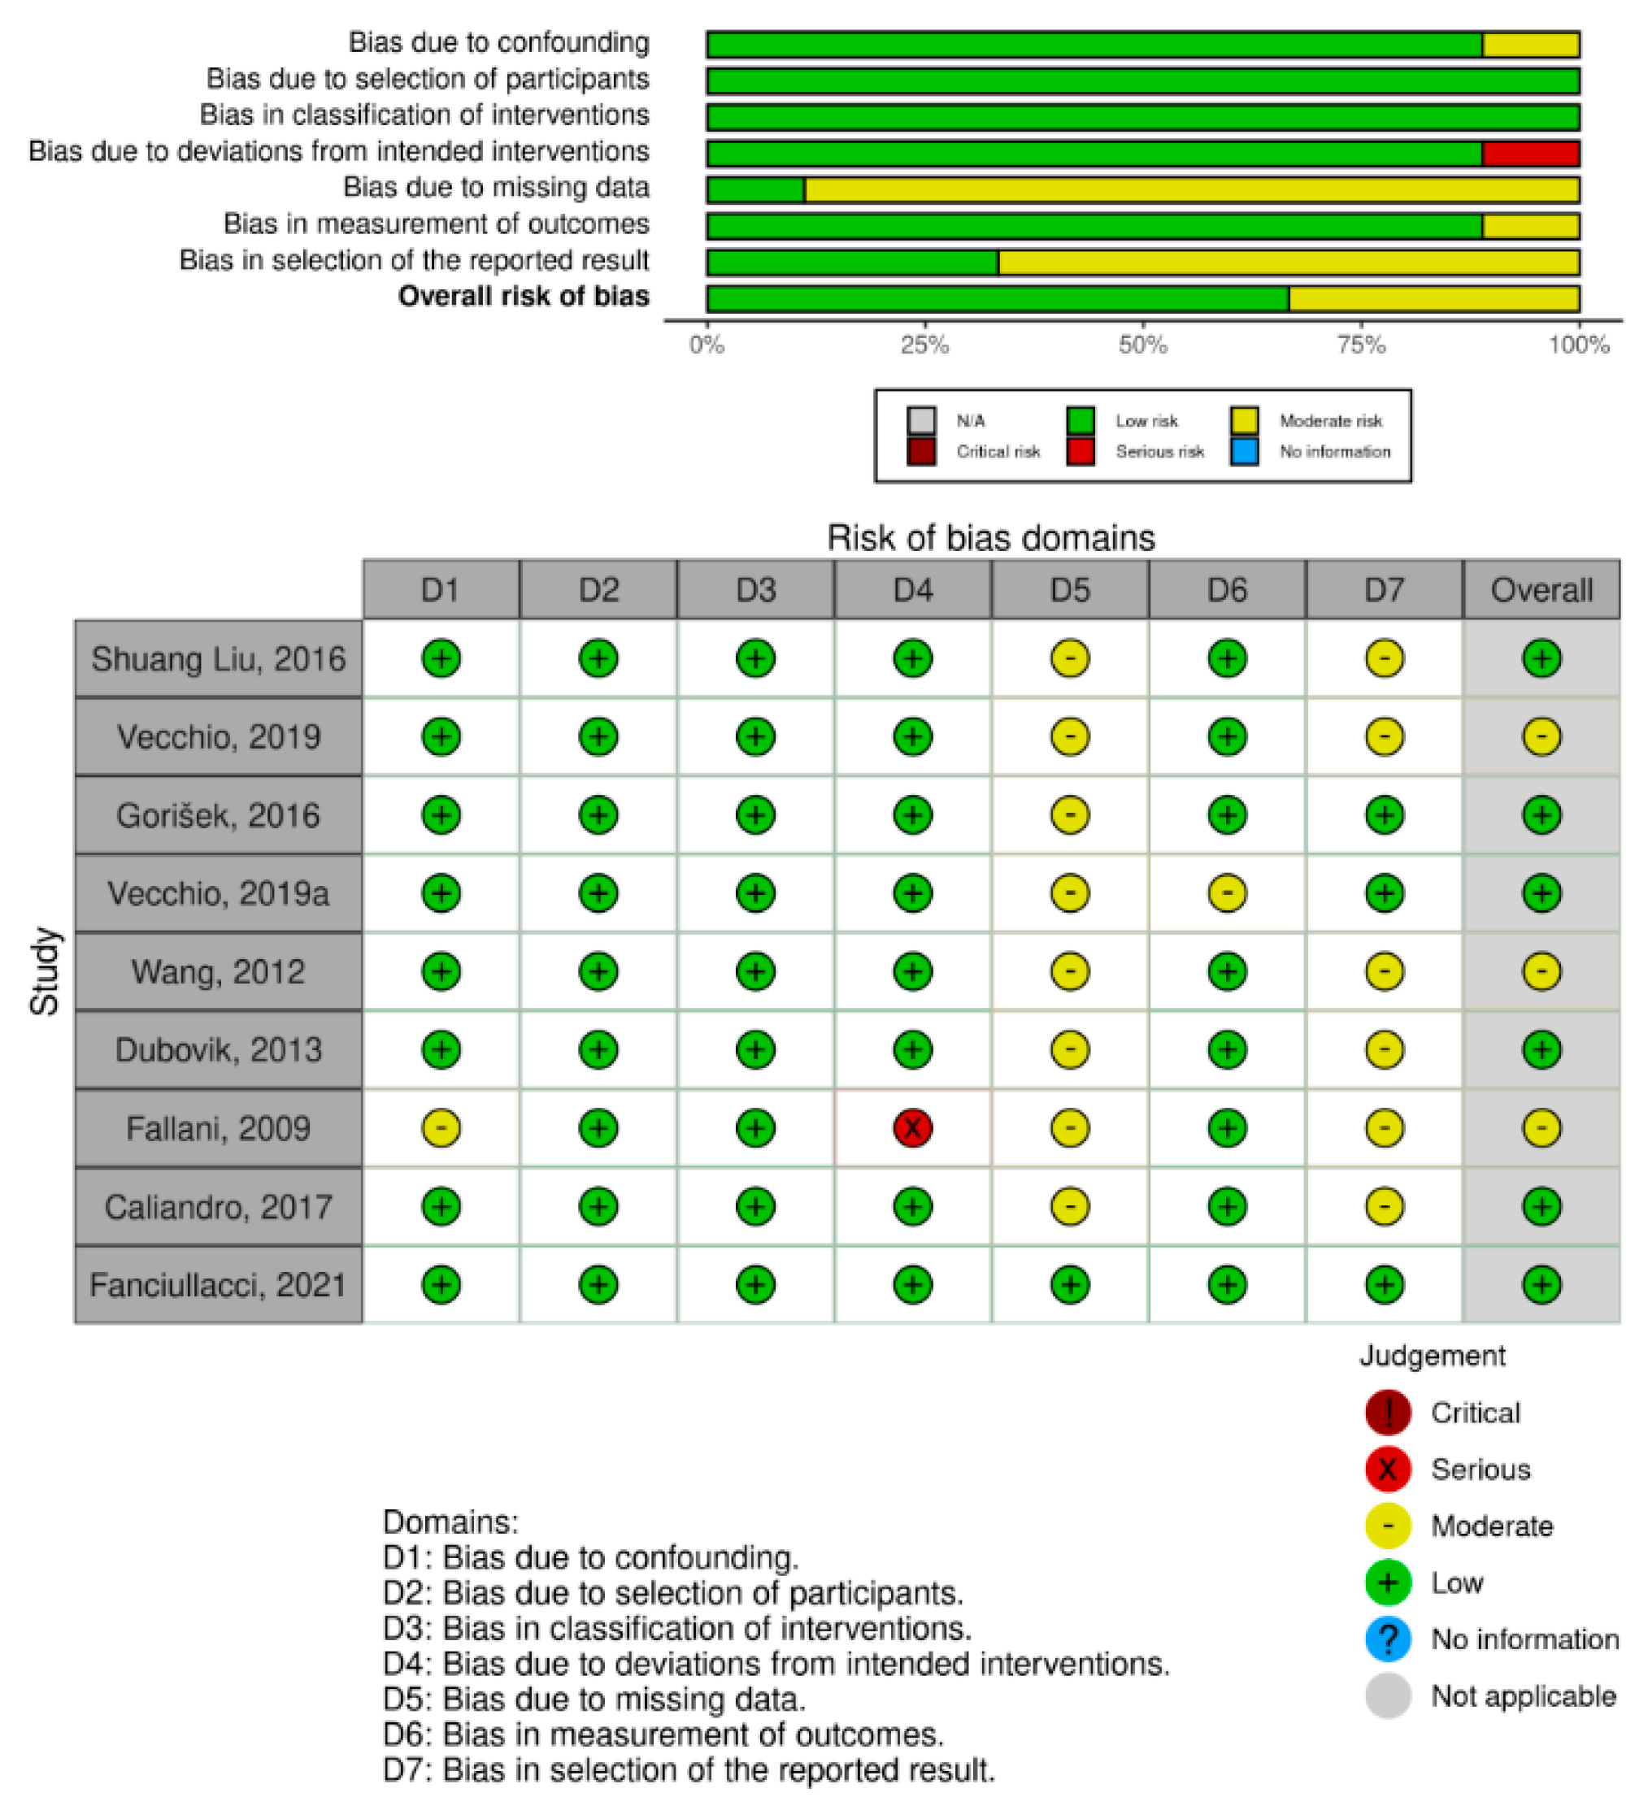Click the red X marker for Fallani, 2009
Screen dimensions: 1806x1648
click(x=912, y=1127)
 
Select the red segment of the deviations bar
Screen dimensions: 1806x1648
click(x=1530, y=153)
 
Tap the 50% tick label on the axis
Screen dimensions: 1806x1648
click(x=1142, y=345)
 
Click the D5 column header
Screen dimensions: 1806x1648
click(x=1070, y=589)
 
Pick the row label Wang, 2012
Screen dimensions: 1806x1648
click(x=218, y=971)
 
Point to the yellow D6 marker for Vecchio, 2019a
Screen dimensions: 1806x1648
click(x=1227, y=892)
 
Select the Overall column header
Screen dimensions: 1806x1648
click(x=1541, y=589)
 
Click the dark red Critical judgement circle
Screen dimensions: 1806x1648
click(x=1387, y=1413)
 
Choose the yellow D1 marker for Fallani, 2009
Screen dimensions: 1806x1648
click(x=441, y=1127)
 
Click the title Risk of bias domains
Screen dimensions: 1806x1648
click(x=990, y=537)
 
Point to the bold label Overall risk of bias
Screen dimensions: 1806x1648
click(x=524, y=297)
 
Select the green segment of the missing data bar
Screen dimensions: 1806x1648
click(x=755, y=190)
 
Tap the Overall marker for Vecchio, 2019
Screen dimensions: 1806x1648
click(x=1541, y=736)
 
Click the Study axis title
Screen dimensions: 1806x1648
click(x=45, y=971)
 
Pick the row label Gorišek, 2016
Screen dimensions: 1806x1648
click(x=218, y=815)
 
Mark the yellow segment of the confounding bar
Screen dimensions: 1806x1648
click(x=1530, y=44)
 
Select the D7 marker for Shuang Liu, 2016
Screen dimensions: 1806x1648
click(x=1384, y=658)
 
